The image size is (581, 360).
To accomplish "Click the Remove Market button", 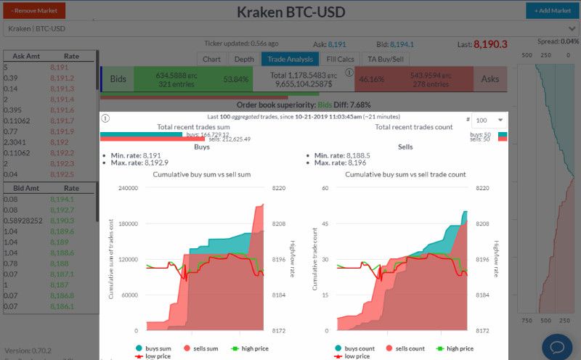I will pyautogui.click(x=34, y=11).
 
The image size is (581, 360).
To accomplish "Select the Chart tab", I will pyautogui.click(x=212, y=60).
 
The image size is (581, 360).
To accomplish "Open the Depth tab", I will pyautogui.click(x=244, y=60).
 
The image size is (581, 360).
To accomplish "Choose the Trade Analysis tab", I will pyautogui.click(x=290, y=60).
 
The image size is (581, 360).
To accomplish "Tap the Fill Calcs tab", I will pyautogui.click(x=340, y=60).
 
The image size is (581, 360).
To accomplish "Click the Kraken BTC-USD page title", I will pyautogui.click(x=290, y=12).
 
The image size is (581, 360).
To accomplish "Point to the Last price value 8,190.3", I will pyautogui.click(x=490, y=44).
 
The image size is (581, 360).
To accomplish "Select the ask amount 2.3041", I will pyautogui.click(x=15, y=142).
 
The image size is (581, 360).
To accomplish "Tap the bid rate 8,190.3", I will pyautogui.click(x=62, y=220).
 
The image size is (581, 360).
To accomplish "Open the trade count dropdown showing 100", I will pyautogui.click(x=489, y=120).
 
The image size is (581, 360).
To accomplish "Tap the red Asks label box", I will pyautogui.click(x=490, y=79).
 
